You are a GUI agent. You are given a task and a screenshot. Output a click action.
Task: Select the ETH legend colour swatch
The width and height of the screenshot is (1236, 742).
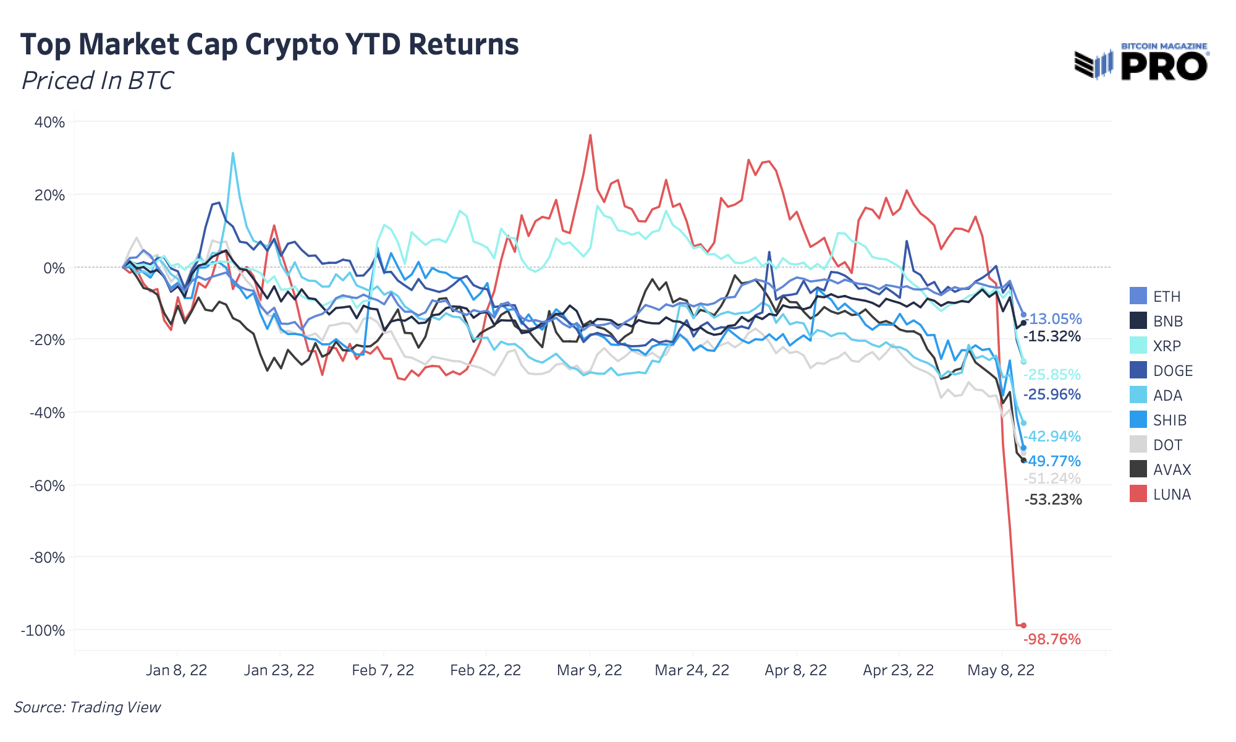[1138, 296]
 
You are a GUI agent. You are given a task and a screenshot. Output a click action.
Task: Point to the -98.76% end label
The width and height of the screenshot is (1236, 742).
[1052, 639]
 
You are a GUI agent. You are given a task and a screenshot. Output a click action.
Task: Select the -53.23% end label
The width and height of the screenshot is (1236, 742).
[1053, 500]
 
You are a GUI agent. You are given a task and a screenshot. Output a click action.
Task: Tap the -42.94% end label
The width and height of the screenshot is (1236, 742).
[1053, 437]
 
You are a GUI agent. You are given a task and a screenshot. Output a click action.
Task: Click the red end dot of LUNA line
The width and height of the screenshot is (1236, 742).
[1023, 625]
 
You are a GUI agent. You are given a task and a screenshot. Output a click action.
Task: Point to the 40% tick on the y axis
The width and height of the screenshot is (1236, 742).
[49, 122]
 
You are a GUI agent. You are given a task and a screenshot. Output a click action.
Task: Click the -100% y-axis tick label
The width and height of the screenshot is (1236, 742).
[43, 631]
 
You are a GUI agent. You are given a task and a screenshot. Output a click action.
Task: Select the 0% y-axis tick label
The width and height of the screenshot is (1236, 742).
[54, 268]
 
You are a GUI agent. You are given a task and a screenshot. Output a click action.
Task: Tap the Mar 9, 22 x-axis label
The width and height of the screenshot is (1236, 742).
[590, 670]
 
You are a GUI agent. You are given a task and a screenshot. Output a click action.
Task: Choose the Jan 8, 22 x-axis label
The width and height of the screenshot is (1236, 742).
[177, 670]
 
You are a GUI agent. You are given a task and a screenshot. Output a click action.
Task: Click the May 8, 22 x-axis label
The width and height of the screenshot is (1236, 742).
[1001, 670]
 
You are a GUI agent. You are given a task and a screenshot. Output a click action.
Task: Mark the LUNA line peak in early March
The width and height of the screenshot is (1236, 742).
[591, 135]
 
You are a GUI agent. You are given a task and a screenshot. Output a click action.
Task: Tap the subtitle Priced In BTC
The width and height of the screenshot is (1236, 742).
[97, 81]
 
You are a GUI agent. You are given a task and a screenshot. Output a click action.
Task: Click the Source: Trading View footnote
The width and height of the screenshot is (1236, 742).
[87, 707]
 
